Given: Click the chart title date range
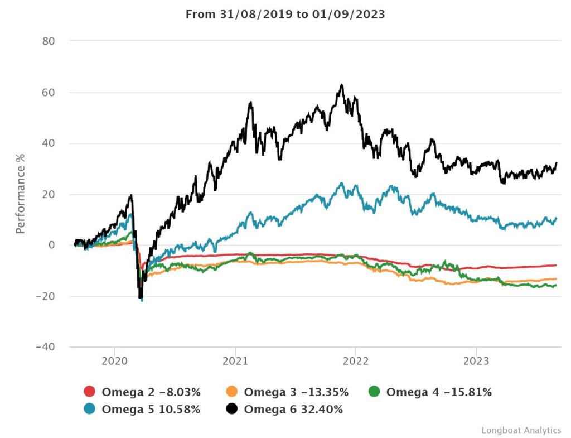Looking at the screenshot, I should tap(285, 14).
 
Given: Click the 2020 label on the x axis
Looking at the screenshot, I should tap(114, 360).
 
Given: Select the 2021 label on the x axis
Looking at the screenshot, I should tap(235, 360).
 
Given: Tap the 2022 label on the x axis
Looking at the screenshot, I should tap(356, 360).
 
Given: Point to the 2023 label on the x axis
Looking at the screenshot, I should tap(476, 360).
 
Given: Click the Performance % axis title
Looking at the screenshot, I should tap(21, 194).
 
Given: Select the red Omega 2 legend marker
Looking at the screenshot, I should tap(90, 392).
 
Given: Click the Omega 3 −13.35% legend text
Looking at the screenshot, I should tap(296, 392).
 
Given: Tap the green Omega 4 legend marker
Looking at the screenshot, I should tap(374, 392).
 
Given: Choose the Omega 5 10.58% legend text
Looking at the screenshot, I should tap(151, 410).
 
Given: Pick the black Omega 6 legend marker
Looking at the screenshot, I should tap(233, 410).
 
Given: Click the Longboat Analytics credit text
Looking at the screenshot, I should tap(521, 430).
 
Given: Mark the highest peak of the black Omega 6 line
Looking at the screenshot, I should tap(342, 85).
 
